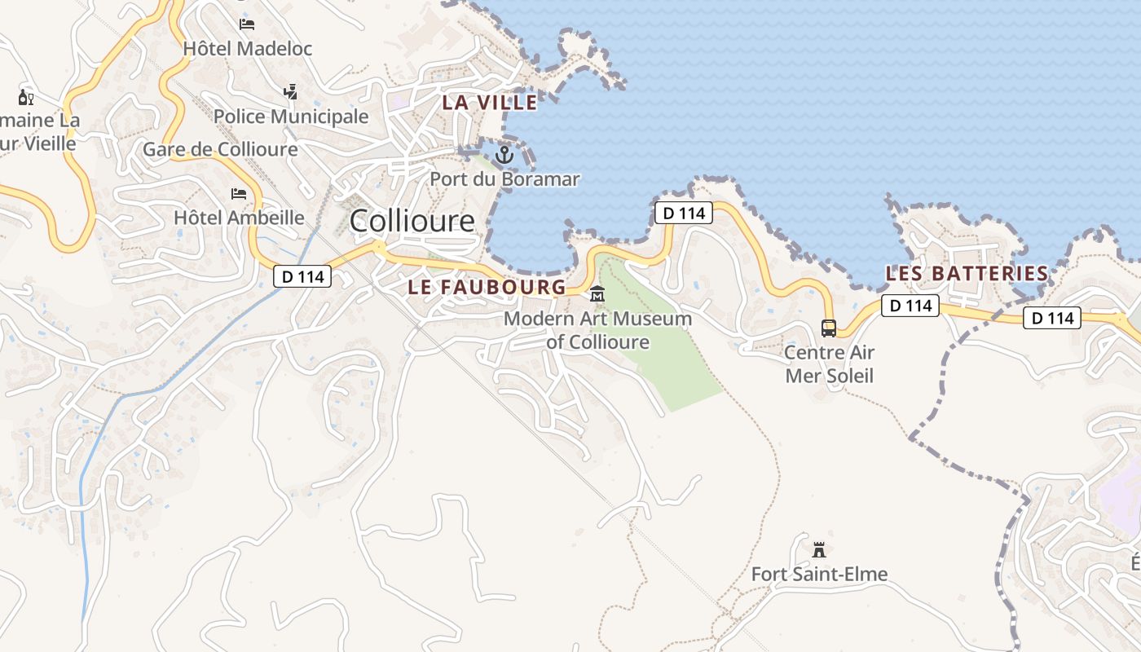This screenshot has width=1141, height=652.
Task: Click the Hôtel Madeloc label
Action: tap(247, 49)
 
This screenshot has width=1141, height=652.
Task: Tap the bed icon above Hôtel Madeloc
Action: tap(247, 24)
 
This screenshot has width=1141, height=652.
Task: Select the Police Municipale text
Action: tap(291, 117)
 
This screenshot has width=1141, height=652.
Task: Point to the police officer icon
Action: tap(290, 91)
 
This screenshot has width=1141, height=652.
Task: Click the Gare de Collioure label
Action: tap(220, 149)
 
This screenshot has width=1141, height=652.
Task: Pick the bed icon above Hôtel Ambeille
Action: tap(239, 193)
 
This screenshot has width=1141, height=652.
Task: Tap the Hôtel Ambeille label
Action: tap(239, 218)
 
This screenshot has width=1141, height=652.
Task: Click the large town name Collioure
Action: tap(412, 221)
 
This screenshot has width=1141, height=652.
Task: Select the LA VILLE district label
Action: tap(490, 103)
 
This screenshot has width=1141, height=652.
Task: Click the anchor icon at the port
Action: tap(504, 154)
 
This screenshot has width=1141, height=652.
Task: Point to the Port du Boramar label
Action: tap(504, 178)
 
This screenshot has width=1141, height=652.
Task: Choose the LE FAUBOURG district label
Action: tap(487, 287)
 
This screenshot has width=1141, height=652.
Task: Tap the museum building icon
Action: tap(597, 293)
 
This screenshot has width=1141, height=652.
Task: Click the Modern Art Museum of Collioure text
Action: tap(597, 330)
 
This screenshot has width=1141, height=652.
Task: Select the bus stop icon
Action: tap(829, 328)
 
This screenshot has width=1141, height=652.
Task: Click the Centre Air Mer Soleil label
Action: tap(829, 363)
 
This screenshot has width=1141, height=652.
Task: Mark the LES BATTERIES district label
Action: tap(967, 273)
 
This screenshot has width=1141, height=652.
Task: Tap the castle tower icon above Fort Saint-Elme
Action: tap(819, 550)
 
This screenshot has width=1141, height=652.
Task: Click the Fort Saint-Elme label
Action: tap(819, 575)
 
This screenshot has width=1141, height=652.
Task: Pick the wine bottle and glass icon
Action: tap(26, 98)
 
